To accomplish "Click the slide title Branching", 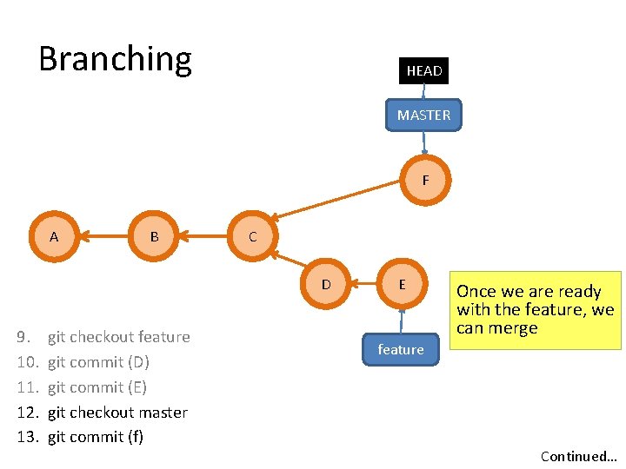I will [115, 59].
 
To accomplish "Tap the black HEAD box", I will [423, 70].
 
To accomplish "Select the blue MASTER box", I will [423, 115].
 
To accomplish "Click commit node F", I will [425, 181].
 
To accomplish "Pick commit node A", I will [54, 236].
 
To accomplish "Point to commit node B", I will [154, 236].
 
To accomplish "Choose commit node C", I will [252, 236].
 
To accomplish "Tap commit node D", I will [326, 284].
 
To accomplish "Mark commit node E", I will [401, 284].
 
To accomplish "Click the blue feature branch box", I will [401, 349].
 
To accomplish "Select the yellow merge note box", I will [535, 310].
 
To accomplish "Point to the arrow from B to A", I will [104, 236].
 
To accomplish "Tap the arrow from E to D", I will [363, 284].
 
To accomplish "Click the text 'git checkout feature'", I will [118, 337].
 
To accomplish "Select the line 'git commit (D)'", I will [98, 362].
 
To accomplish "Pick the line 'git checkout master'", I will [117, 413].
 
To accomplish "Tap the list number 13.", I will [28, 437].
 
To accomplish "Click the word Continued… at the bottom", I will [577, 456].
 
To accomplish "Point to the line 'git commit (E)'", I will [97, 387].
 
